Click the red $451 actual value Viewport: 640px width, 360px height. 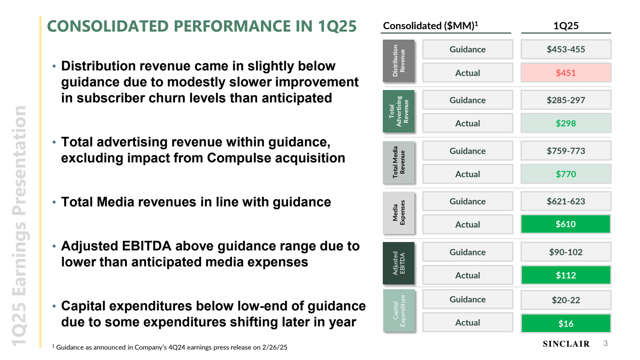click(x=566, y=73)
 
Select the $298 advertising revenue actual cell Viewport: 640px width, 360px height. click(x=566, y=123)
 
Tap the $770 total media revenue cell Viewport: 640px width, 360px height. click(x=566, y=174)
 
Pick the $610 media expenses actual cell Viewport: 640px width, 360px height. click(x=566, y=224)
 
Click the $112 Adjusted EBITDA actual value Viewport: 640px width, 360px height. click(x=566, y=275)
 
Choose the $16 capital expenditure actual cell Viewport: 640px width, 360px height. click(x=566, y=324)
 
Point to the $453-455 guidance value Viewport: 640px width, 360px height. click(x=566, y=50)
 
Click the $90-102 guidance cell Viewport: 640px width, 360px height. click(x=566, y=252)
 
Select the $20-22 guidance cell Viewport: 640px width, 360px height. click(x=566, y=300)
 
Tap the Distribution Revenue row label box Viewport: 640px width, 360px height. click(x=398, y=61)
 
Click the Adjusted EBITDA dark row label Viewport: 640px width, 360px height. click(x=398, y=263)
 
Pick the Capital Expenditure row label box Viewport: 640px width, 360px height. click(x=398, y=310)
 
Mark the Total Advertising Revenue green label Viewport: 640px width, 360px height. click(x=398, y=111)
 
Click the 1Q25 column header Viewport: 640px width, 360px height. click(x=566, y=26)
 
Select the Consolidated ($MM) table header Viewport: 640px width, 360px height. click(x=430, y=26)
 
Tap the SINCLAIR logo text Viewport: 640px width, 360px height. click(x=566, y=344)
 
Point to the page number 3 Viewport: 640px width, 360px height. click(x=606, y=344)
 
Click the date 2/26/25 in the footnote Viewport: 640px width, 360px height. click(x=274, y=348)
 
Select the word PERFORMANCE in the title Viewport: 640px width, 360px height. click(x=232, y=26)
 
